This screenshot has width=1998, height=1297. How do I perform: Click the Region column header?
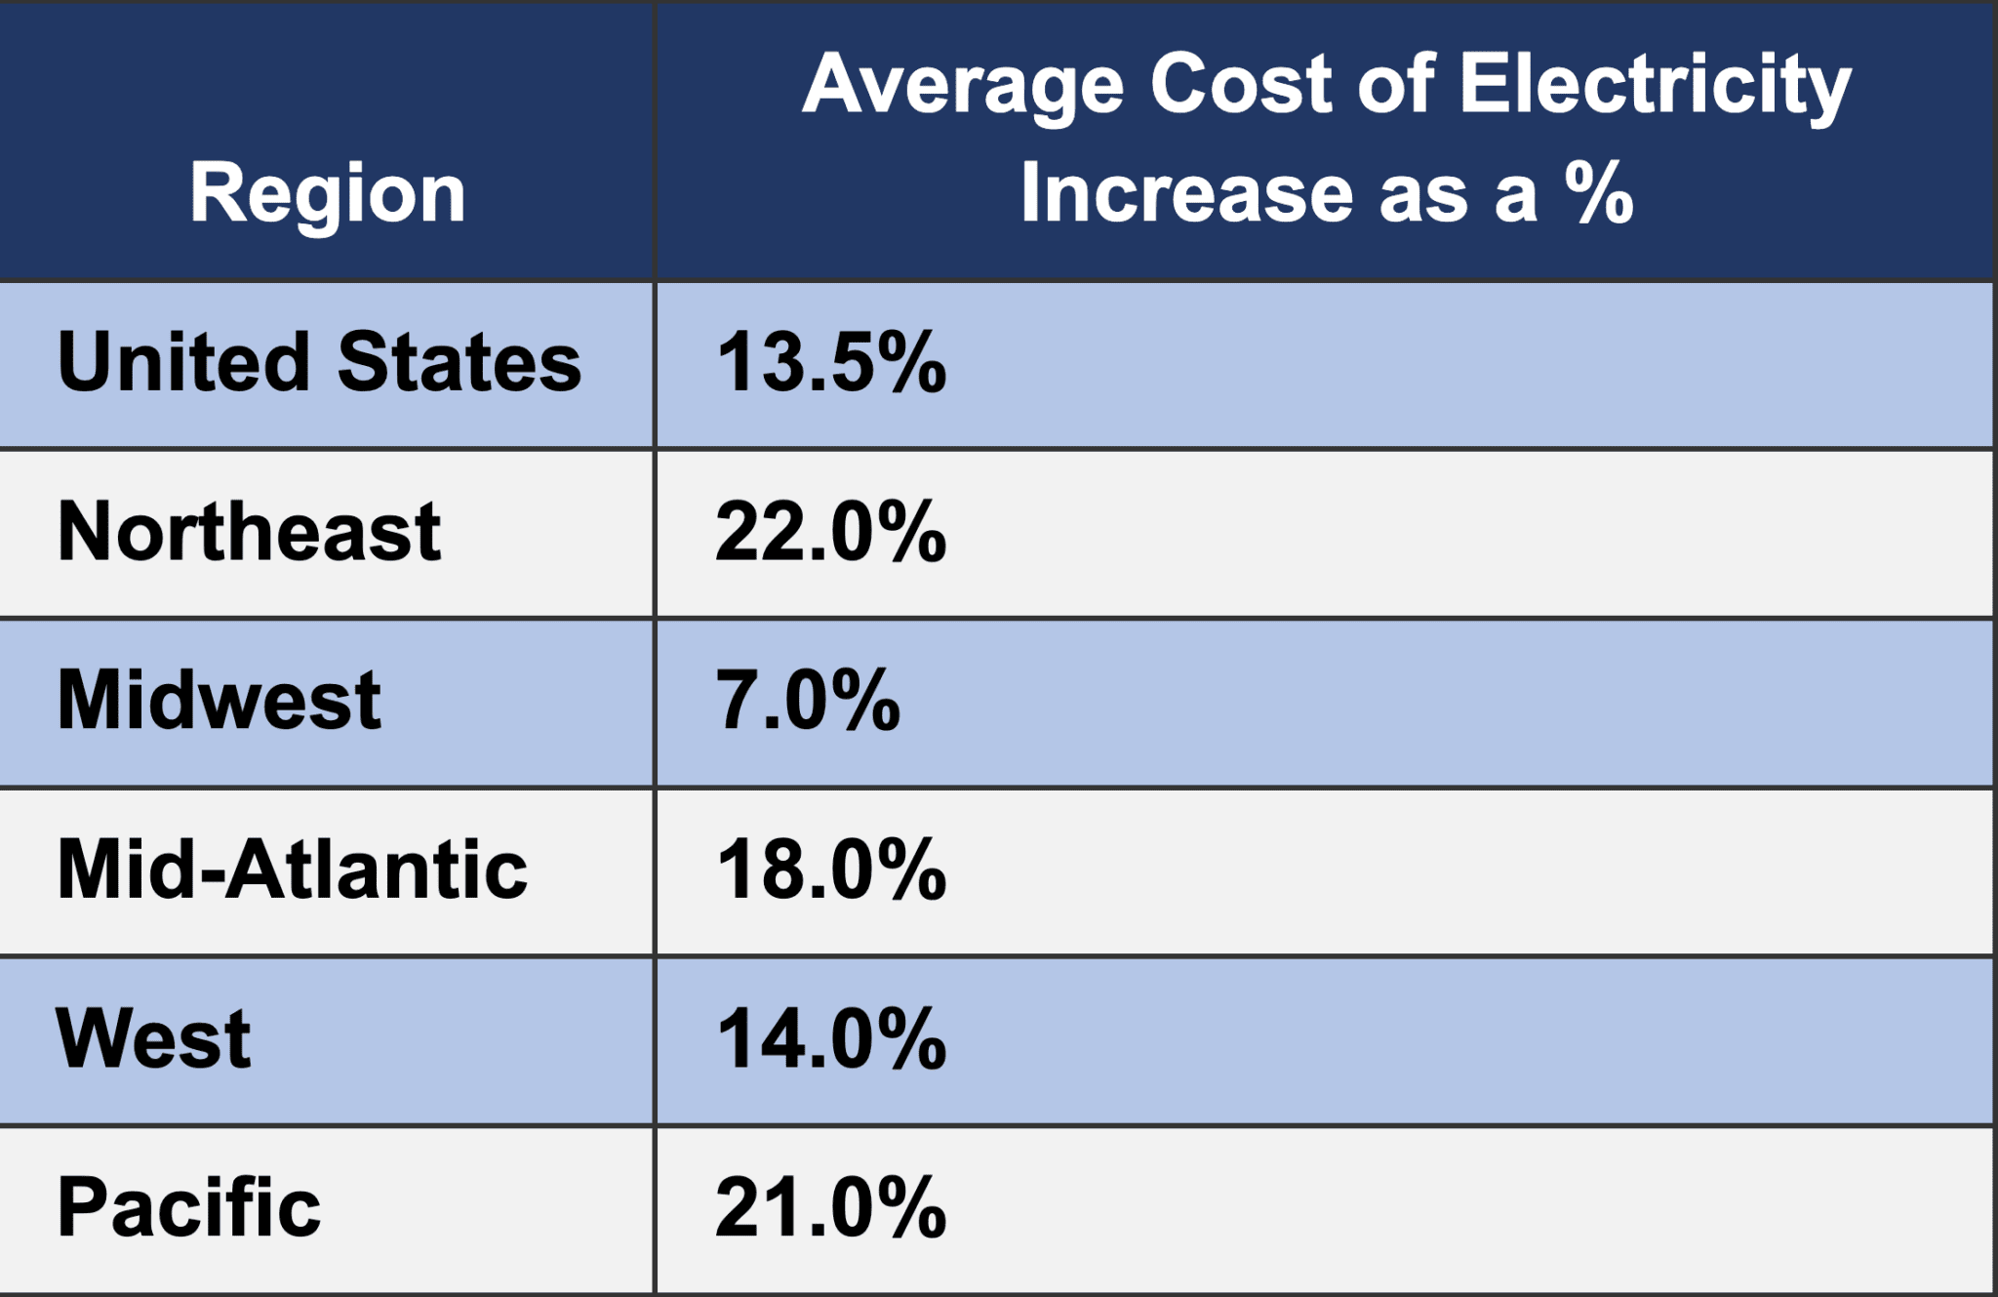(x=327, y=194)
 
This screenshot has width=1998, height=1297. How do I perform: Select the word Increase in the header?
(x=1186, y=192)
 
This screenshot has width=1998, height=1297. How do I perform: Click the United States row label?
(x=319, y=362)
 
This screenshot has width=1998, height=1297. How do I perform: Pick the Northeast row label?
(x=249, y=532)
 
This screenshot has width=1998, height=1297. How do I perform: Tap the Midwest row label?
(x=219, y=701)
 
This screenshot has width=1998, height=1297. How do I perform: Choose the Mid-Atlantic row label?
(x=292, y=870)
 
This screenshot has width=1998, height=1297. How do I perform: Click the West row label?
(x=154, y=1038)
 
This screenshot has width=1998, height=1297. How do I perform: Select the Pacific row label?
(x=188, y=1208)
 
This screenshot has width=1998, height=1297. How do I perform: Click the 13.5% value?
(x=830, y=363)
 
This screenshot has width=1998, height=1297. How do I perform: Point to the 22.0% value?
(x=830, y=532)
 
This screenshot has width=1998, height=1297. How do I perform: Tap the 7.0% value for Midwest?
(x=808, y=701)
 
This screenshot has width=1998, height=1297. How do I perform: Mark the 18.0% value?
(x=830, y=870)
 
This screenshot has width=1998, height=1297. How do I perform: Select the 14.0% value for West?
(x=830, y=1039)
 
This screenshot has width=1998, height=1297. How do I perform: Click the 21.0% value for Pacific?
(x=830, y=1208)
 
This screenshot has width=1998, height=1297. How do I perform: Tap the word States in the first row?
(x=459, y=362)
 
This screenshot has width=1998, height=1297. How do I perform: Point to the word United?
(x=183, y=362)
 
